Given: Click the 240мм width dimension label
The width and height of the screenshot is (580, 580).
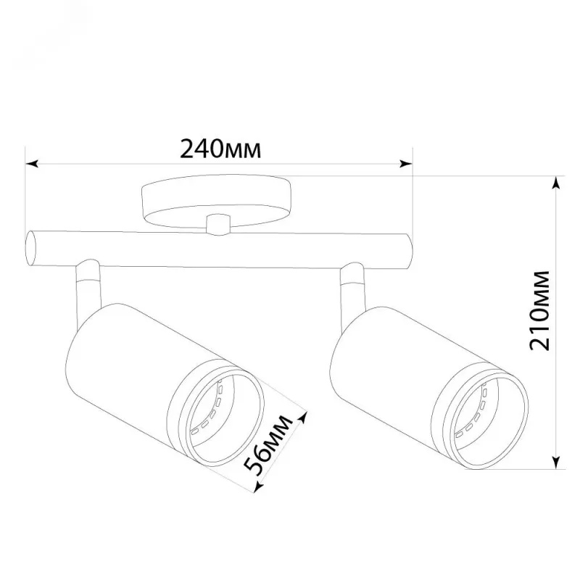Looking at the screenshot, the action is click(220, 149).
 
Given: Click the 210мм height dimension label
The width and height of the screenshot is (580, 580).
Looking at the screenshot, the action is click(539, 311).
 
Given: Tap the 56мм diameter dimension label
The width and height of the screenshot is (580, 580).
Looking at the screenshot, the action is click(268, 445).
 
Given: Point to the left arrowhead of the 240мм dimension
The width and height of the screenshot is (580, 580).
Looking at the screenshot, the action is click(32, 164).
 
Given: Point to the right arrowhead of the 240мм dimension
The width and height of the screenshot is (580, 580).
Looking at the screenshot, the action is click(405, 164).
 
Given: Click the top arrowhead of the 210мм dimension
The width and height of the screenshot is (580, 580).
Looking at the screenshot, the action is click(555, 183).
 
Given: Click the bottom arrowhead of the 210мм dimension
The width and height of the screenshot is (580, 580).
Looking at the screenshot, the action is click(555, 463).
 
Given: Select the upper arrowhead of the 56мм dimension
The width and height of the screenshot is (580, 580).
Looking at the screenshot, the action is click(302, 418).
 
